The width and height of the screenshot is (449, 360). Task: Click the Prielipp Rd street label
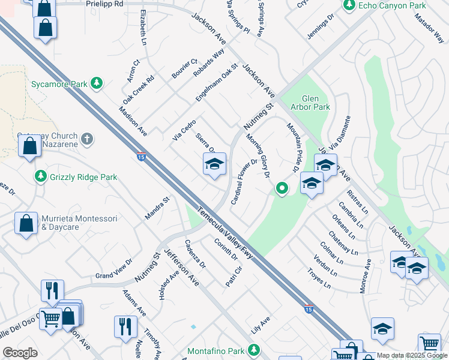click(x=104, y=4)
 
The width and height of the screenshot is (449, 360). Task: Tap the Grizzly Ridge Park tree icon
click(x=40, y=177)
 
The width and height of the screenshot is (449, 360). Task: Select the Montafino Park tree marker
click(x=255, y=349)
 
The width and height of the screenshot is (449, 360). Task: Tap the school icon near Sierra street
click(x=214, y=164)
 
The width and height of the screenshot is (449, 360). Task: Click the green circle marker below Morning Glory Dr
click(x=281, y=190)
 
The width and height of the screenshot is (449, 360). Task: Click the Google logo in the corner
click(x=20, y=352)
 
